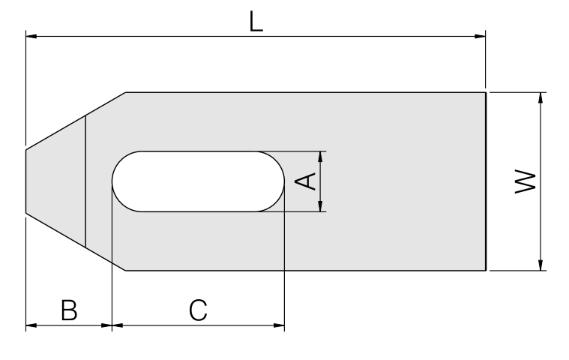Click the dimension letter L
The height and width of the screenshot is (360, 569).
pyautogui.click(x=256, y=22)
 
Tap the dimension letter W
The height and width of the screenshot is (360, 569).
pyautogui.click(x=526, y=181)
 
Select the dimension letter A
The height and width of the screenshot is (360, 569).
pyautogui.click(x=306, y=181)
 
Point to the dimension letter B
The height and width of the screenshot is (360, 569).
pyautogui.click(x=69, y=310)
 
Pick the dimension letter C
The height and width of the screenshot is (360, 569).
pyautogui.click(x=198, y=310)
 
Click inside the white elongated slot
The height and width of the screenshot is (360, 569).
pyautogui.click(x=198, y=181)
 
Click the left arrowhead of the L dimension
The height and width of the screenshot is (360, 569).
pyautogui.click(x=31, y=36)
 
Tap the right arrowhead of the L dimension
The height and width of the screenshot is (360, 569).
pyautogui.click(x=480, y=36)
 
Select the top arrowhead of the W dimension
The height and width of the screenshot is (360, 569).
pyautogui.click(x=541, y=98)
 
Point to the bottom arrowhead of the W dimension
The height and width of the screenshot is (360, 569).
pyautogui.click(x=541, y=265)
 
